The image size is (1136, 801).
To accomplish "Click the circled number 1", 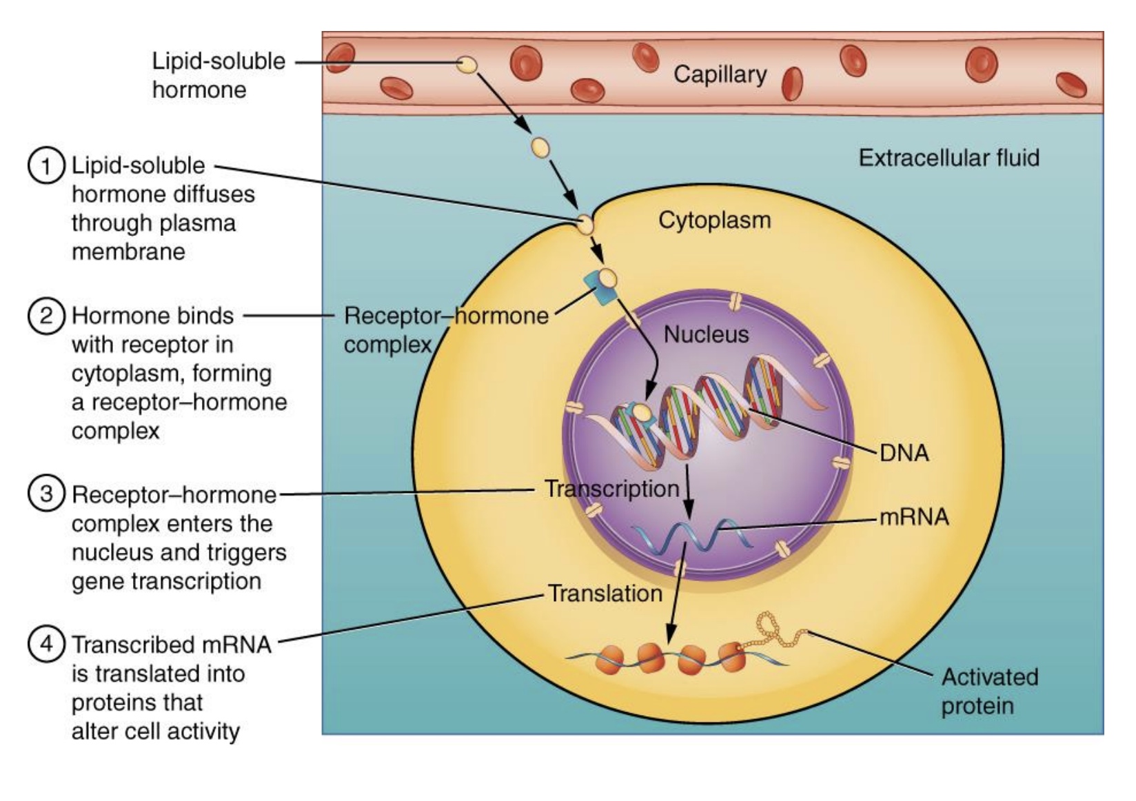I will pyautogui.click(x=46, y=166).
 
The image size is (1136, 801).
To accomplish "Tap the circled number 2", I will pyautogui.click(x=46, y=316).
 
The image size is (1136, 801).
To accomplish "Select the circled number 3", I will pyautogui.click(x=46, y=494).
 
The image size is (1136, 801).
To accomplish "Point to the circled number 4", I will pyautogui.click(x=46, y=645).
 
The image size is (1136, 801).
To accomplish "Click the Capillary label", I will pyautogui.click(x=720, y=74).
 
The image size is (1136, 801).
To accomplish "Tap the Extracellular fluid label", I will pyautogui.click(x=949, y=158).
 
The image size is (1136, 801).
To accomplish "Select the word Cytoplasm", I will pyautogui.click(x=714, y=220).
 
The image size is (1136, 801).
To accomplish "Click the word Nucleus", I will pyautogui.click(x=706, y=334).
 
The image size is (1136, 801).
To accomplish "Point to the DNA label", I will pyautogui.click(x=904, y=453).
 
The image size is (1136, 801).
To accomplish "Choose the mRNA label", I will pyautogui.click(x=914, y=517).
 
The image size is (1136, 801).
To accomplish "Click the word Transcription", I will pyautogui.click(x=611, y=489).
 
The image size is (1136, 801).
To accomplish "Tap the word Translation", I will pyautogui.click(x=605, y=594).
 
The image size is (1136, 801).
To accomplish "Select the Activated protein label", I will pyautogui.click(x=988, y=691).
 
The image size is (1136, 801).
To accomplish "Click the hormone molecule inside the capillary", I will pyautogui.click(x=467, y=65).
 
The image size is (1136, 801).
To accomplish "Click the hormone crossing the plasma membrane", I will pyautogui.click(x=584, y=223).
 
